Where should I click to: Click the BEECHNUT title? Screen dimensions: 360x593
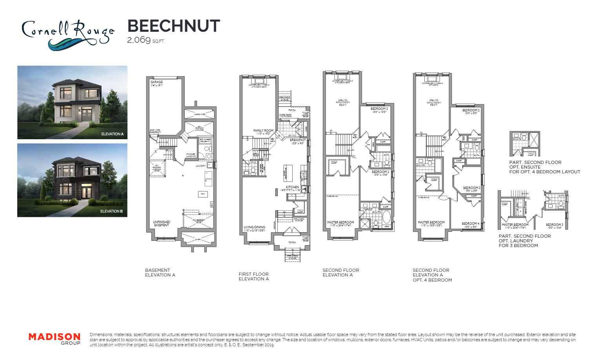point(173,26)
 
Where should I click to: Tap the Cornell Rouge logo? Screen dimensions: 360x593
point(67,35)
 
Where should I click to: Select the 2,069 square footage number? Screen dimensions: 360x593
point(139,40)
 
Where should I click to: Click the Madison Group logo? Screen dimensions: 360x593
point(55,339)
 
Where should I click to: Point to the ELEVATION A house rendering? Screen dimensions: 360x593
point(72,102)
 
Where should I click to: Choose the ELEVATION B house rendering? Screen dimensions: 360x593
point(72,180)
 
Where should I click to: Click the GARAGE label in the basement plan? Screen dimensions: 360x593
point(156,82)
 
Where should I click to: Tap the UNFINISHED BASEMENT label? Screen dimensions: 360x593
point(162,224)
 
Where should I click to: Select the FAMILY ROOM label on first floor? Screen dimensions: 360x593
point(263,131)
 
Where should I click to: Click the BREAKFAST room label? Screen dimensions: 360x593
point(298,140)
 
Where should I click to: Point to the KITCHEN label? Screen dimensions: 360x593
point(292,187)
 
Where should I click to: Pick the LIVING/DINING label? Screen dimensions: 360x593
point(254,227)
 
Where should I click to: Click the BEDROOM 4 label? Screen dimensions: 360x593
point(470,224)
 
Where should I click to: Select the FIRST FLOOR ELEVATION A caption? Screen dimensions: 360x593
point(254,276)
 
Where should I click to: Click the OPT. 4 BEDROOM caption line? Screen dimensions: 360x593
point(432,280)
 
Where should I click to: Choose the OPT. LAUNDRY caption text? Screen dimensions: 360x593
point(516,241)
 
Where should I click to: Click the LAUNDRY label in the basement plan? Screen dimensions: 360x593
point(200,166)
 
